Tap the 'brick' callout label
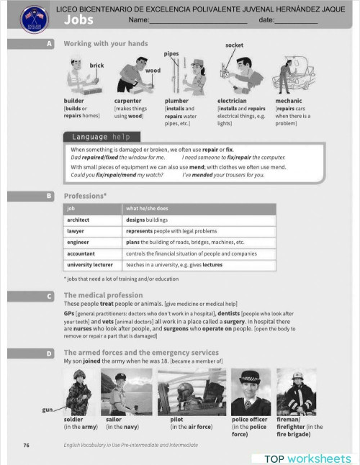pyautogui.click(x=96, y=66)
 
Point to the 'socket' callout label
pyautogui.click(x=234, y=45)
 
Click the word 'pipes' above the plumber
pyautogui.click(x=171, y=54)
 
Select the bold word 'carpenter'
pyautogui.click(x=127, y=101)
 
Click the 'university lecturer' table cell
pyautogui.click(x=89, y=265)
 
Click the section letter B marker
pyautogui.click(x=49, y=195)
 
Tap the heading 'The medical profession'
pyautogui.click(x=103, y=295)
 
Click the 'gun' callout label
pyautogui.click(x=48, y=410)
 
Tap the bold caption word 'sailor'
pyautogui.click(x=114, y=419)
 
